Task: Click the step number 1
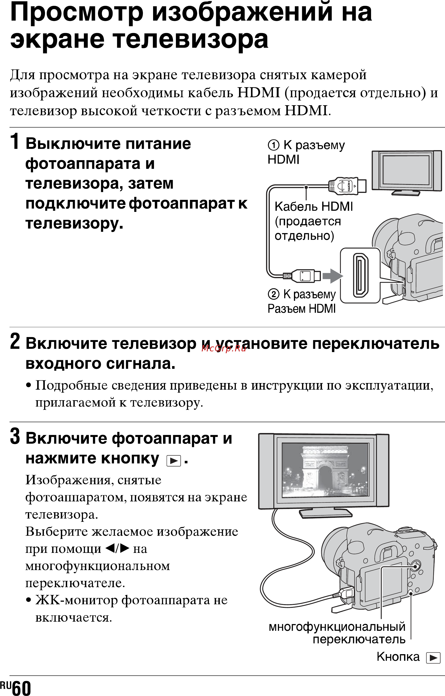[x=15, y=141]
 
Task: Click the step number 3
[x=15, y=436]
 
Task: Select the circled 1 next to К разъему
[x=274, y=145]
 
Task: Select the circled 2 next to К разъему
[x=274, y=294]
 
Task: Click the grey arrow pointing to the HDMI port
[x=333, y=276]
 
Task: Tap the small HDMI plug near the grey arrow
[x=302, y=276]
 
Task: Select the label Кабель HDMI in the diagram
[x=314, y=207]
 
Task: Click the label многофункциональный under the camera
[x=337, y=627]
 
